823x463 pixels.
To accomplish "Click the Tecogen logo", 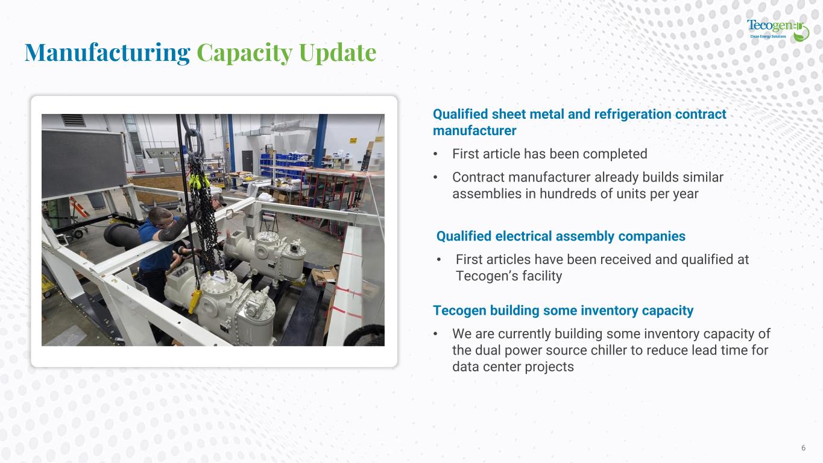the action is coord(778,30).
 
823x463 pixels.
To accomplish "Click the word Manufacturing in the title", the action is coord(107,52).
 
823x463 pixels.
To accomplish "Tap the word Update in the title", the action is coord(338,52).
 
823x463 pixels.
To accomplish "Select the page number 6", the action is coord(804,447).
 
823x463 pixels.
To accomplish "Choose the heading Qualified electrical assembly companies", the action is coord(561,236).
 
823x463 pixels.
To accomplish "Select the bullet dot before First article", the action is coord(435,154).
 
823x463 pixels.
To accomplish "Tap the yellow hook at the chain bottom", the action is coord(195,300).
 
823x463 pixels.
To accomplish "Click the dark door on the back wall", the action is coord(247,161).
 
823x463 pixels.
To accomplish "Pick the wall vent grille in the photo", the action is coord(73,120).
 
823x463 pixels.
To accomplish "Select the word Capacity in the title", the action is coord(245,52).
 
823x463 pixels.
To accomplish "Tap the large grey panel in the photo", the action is coord(84,163).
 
